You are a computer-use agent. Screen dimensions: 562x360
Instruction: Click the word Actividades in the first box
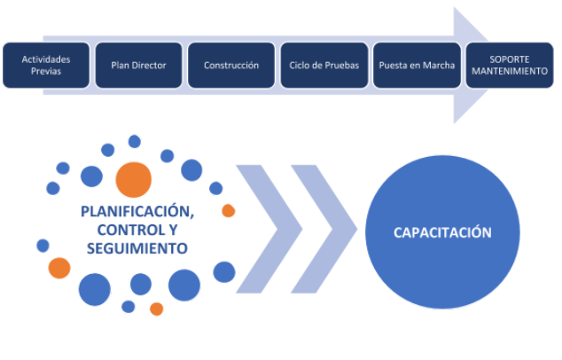point(46,59)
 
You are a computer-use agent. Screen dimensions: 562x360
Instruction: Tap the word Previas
point(46,71)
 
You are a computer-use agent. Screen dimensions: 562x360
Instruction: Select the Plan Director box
point(138,66)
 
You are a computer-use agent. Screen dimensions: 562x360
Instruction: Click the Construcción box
point(231,66)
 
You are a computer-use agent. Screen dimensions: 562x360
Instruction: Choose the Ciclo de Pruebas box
point(324,66)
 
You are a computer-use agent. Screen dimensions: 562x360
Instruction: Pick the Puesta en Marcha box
point(417,66)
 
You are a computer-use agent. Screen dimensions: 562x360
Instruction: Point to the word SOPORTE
point(510,59)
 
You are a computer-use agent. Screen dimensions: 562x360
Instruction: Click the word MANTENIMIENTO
point(510,71)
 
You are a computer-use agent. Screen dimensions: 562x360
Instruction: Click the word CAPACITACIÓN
point(442,232)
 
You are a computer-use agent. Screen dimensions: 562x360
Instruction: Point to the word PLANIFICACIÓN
point(137,212)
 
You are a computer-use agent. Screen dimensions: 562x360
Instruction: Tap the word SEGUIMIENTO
point(137,248)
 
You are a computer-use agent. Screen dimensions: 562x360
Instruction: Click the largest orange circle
point(133,180)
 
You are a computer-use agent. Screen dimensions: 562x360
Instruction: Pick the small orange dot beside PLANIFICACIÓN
point(229,211)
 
